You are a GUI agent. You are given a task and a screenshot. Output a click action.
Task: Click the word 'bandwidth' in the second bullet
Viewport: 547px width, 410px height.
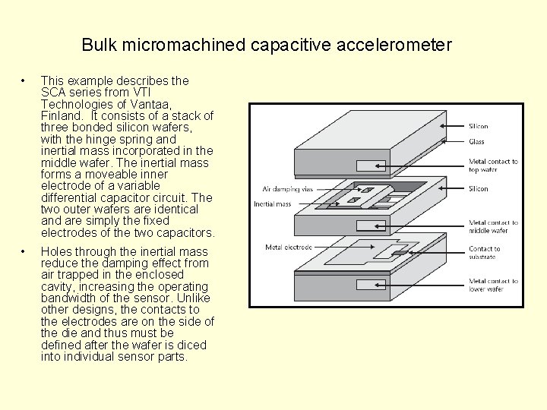point(69,298)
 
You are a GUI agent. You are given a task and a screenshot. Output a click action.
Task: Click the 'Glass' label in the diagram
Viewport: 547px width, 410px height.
point(476,142)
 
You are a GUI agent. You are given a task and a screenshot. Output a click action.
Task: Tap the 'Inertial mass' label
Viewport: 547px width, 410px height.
point(272,203)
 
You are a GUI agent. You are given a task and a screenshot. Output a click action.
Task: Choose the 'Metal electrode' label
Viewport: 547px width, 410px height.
point(288,248)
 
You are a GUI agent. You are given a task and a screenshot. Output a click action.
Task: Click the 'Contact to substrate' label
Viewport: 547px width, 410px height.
point(485,254)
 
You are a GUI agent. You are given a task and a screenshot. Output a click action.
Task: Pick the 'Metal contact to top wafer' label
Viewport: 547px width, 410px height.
point(493,166)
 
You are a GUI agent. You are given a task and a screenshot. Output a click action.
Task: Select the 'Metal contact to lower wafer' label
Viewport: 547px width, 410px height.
point(493,285)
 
